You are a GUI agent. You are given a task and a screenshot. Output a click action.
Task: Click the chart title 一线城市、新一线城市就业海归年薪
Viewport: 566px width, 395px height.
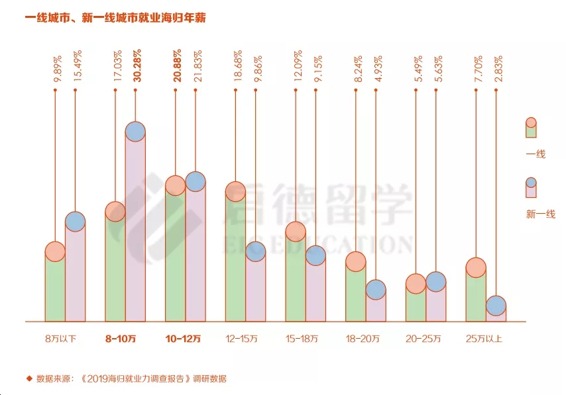coord(115,19)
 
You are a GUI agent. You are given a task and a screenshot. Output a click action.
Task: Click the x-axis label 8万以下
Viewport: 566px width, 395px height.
coord(61,339)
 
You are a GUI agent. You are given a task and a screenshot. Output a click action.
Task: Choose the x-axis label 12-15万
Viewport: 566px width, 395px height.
coord(241,339)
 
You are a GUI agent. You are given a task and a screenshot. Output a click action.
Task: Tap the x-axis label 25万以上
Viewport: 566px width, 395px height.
coord(484,339)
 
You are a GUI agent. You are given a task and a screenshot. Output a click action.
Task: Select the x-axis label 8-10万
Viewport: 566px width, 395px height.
coord(121,339)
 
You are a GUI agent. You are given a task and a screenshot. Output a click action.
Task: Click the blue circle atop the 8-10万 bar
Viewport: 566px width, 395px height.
coord(135,131)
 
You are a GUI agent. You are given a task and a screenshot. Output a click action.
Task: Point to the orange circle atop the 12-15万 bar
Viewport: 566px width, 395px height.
coord(235,192)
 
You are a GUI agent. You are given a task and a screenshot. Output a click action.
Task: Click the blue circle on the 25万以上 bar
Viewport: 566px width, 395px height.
coord(496,306)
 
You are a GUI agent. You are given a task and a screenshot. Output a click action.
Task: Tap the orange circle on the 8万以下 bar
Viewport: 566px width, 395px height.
coord(55,251)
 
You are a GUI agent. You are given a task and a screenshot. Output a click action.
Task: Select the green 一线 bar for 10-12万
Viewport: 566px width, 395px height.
coord(174,258)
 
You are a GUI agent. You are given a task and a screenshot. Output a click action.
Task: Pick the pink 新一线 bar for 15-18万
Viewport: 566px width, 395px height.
coord(315,291)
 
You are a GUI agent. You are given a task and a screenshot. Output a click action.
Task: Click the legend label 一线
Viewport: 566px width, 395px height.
coord(536,154)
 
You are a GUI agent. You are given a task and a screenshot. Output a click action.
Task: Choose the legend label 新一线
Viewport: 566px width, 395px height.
coord(540,214)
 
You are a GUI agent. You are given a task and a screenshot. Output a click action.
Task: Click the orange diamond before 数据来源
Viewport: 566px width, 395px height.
coord(29,378)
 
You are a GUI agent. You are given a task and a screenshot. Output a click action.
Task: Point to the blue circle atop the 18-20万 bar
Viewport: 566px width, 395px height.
coord(376,289)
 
